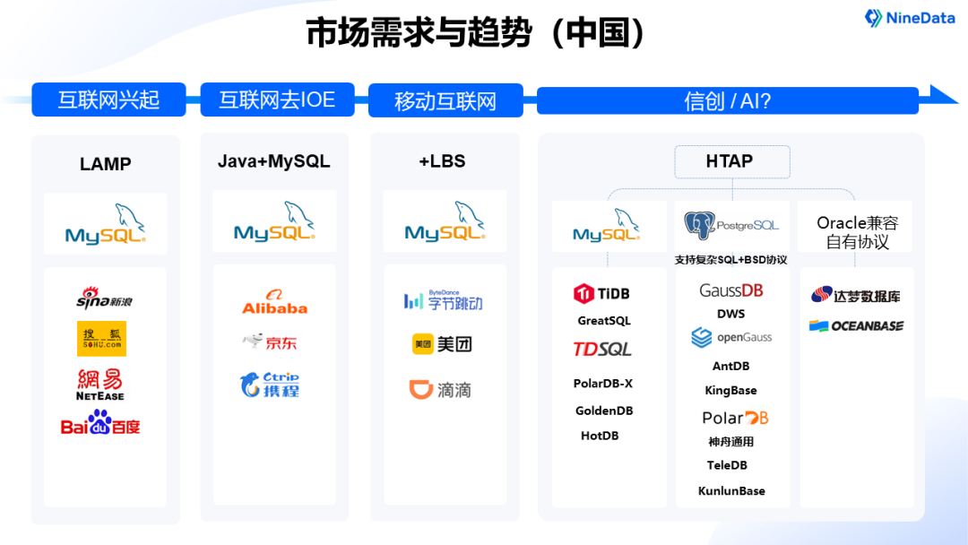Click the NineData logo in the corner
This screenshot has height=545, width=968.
(x=909, y=18)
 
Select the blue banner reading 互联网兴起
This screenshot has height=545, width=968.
(x=108, y=99)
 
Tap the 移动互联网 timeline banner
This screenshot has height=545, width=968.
(x=445, y=100)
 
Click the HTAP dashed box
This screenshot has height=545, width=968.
(x=731, y=161)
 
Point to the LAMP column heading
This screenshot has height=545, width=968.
(x=105, y=164)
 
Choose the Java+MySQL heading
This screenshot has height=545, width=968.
(x=274, y=161)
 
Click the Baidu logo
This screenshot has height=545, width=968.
(x=100, y=423)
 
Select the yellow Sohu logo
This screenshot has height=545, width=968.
(x=101, y=339)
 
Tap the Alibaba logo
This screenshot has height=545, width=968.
(x=274, y=302)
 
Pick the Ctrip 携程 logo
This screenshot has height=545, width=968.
(x=270, y=385)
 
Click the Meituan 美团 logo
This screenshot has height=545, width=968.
(x=442, y=344)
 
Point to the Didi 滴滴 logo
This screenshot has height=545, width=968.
(x=440, y=390)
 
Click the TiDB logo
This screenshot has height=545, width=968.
(x=602, y=293)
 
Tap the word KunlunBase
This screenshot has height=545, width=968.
(x=731, y=491)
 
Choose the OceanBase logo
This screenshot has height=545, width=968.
(x=856, y=326)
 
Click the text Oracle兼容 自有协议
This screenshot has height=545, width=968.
(x=857, y=232)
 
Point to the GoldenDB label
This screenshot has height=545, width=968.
(x=604, y=411)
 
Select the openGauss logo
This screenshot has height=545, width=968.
(x=731, y=338)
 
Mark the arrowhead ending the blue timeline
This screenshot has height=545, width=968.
(x=944, y=94)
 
